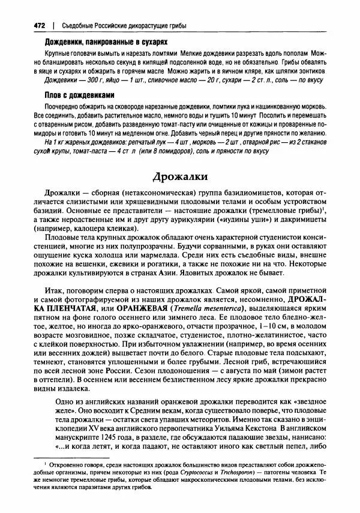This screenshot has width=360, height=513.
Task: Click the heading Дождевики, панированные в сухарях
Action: pos(106,42)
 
